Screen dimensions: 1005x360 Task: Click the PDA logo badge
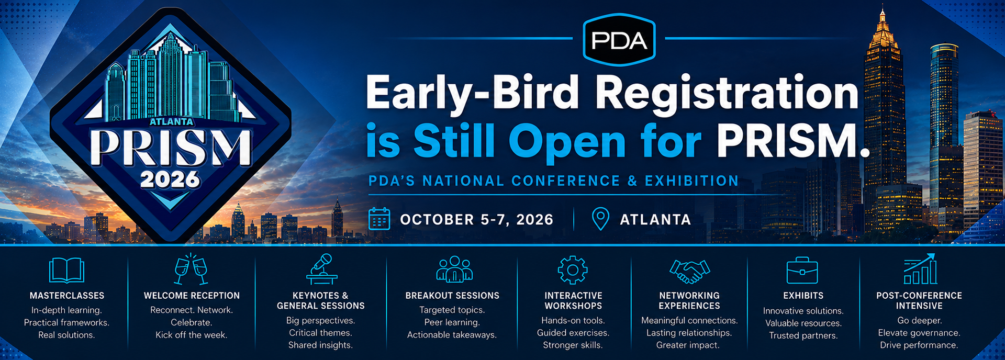619,40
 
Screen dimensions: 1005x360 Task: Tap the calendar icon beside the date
379,219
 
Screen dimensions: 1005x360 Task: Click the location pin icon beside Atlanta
600,219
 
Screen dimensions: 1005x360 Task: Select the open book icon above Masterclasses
66,270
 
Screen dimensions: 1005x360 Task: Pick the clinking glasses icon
191,269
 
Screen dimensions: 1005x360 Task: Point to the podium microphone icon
321,269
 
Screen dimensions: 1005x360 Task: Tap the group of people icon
454,269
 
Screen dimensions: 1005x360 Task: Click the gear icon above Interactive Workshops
573,270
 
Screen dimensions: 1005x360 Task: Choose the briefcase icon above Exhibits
802,270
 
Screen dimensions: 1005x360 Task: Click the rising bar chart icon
920,269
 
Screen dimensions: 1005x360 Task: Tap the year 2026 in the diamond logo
170,179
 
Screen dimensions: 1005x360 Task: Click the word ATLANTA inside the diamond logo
172,121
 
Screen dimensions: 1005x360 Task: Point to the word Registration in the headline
727,93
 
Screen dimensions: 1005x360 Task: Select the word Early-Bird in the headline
473,93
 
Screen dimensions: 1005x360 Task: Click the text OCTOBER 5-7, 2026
476,219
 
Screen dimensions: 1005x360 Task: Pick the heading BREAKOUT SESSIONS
452,296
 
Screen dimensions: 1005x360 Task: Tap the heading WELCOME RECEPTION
192,296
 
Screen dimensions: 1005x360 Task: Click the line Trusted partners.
803,335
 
